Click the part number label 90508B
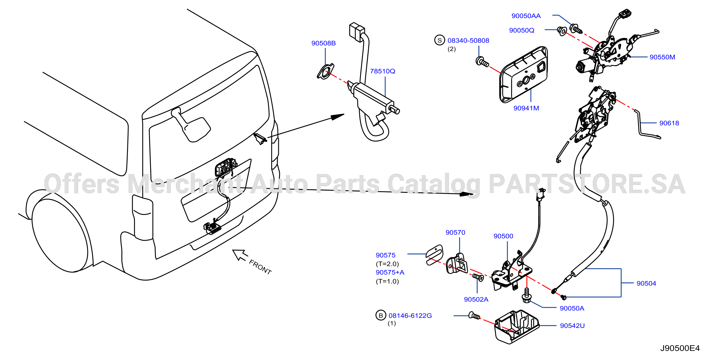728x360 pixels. point(323,43)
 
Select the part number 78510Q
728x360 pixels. point(382,71)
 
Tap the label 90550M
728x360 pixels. point(662,57)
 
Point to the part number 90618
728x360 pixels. point(669,123)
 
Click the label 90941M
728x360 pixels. point(526,108)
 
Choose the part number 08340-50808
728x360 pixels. point(468,41)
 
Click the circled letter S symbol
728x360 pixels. point(439,40)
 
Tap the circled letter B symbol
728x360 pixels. point(381,315)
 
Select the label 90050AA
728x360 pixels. point(526,16)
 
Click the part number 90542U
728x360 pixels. point(572,326)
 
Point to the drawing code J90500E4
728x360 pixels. point(680,348)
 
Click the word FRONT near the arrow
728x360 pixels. point(260,267)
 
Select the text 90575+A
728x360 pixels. point(390,272)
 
